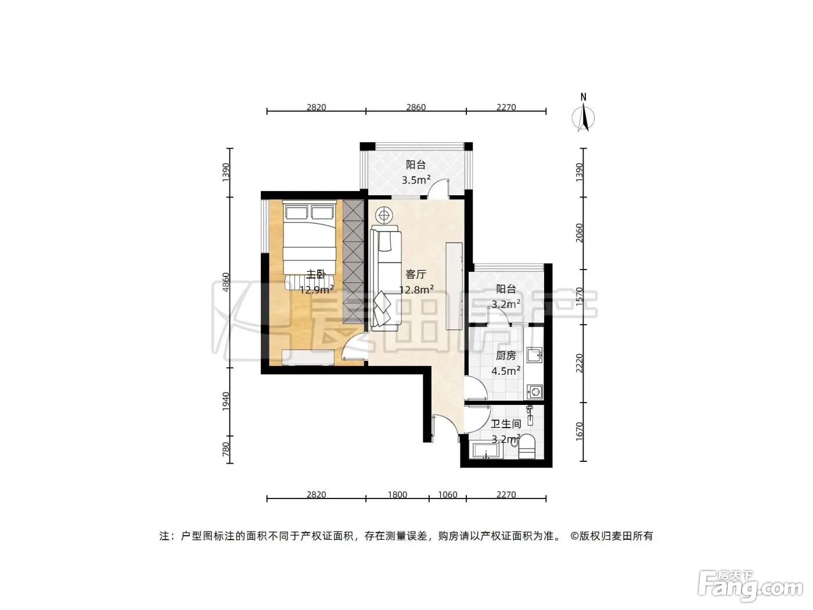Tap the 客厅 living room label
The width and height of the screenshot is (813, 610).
[x=416, y=274]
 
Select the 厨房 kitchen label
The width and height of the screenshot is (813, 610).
[x=506, y=356]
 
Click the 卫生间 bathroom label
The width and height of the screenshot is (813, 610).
[x=506, y=424]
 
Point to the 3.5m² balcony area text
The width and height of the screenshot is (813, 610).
[x=416, y=180]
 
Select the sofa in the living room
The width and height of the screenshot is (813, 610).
[x=386, y=278]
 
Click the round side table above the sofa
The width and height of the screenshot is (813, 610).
[x=384, y=216]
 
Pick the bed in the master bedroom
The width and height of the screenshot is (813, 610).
[x=310, y=245]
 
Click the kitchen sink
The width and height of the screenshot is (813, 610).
[x=534, y=356]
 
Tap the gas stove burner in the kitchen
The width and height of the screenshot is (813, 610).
[x=535, y=391]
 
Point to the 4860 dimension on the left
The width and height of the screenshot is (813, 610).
[x=226, y=282]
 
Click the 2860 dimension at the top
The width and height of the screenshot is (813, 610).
[x=416, y=107]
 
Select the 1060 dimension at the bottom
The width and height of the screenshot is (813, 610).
[x=447, y=494]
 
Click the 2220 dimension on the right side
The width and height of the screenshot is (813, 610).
[x=579, y=363]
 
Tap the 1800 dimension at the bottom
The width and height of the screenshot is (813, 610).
[x=397, y=494]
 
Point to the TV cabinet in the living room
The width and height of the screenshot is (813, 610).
[x=454, y=286]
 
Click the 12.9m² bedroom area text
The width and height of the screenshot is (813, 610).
[x=316, y=289]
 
